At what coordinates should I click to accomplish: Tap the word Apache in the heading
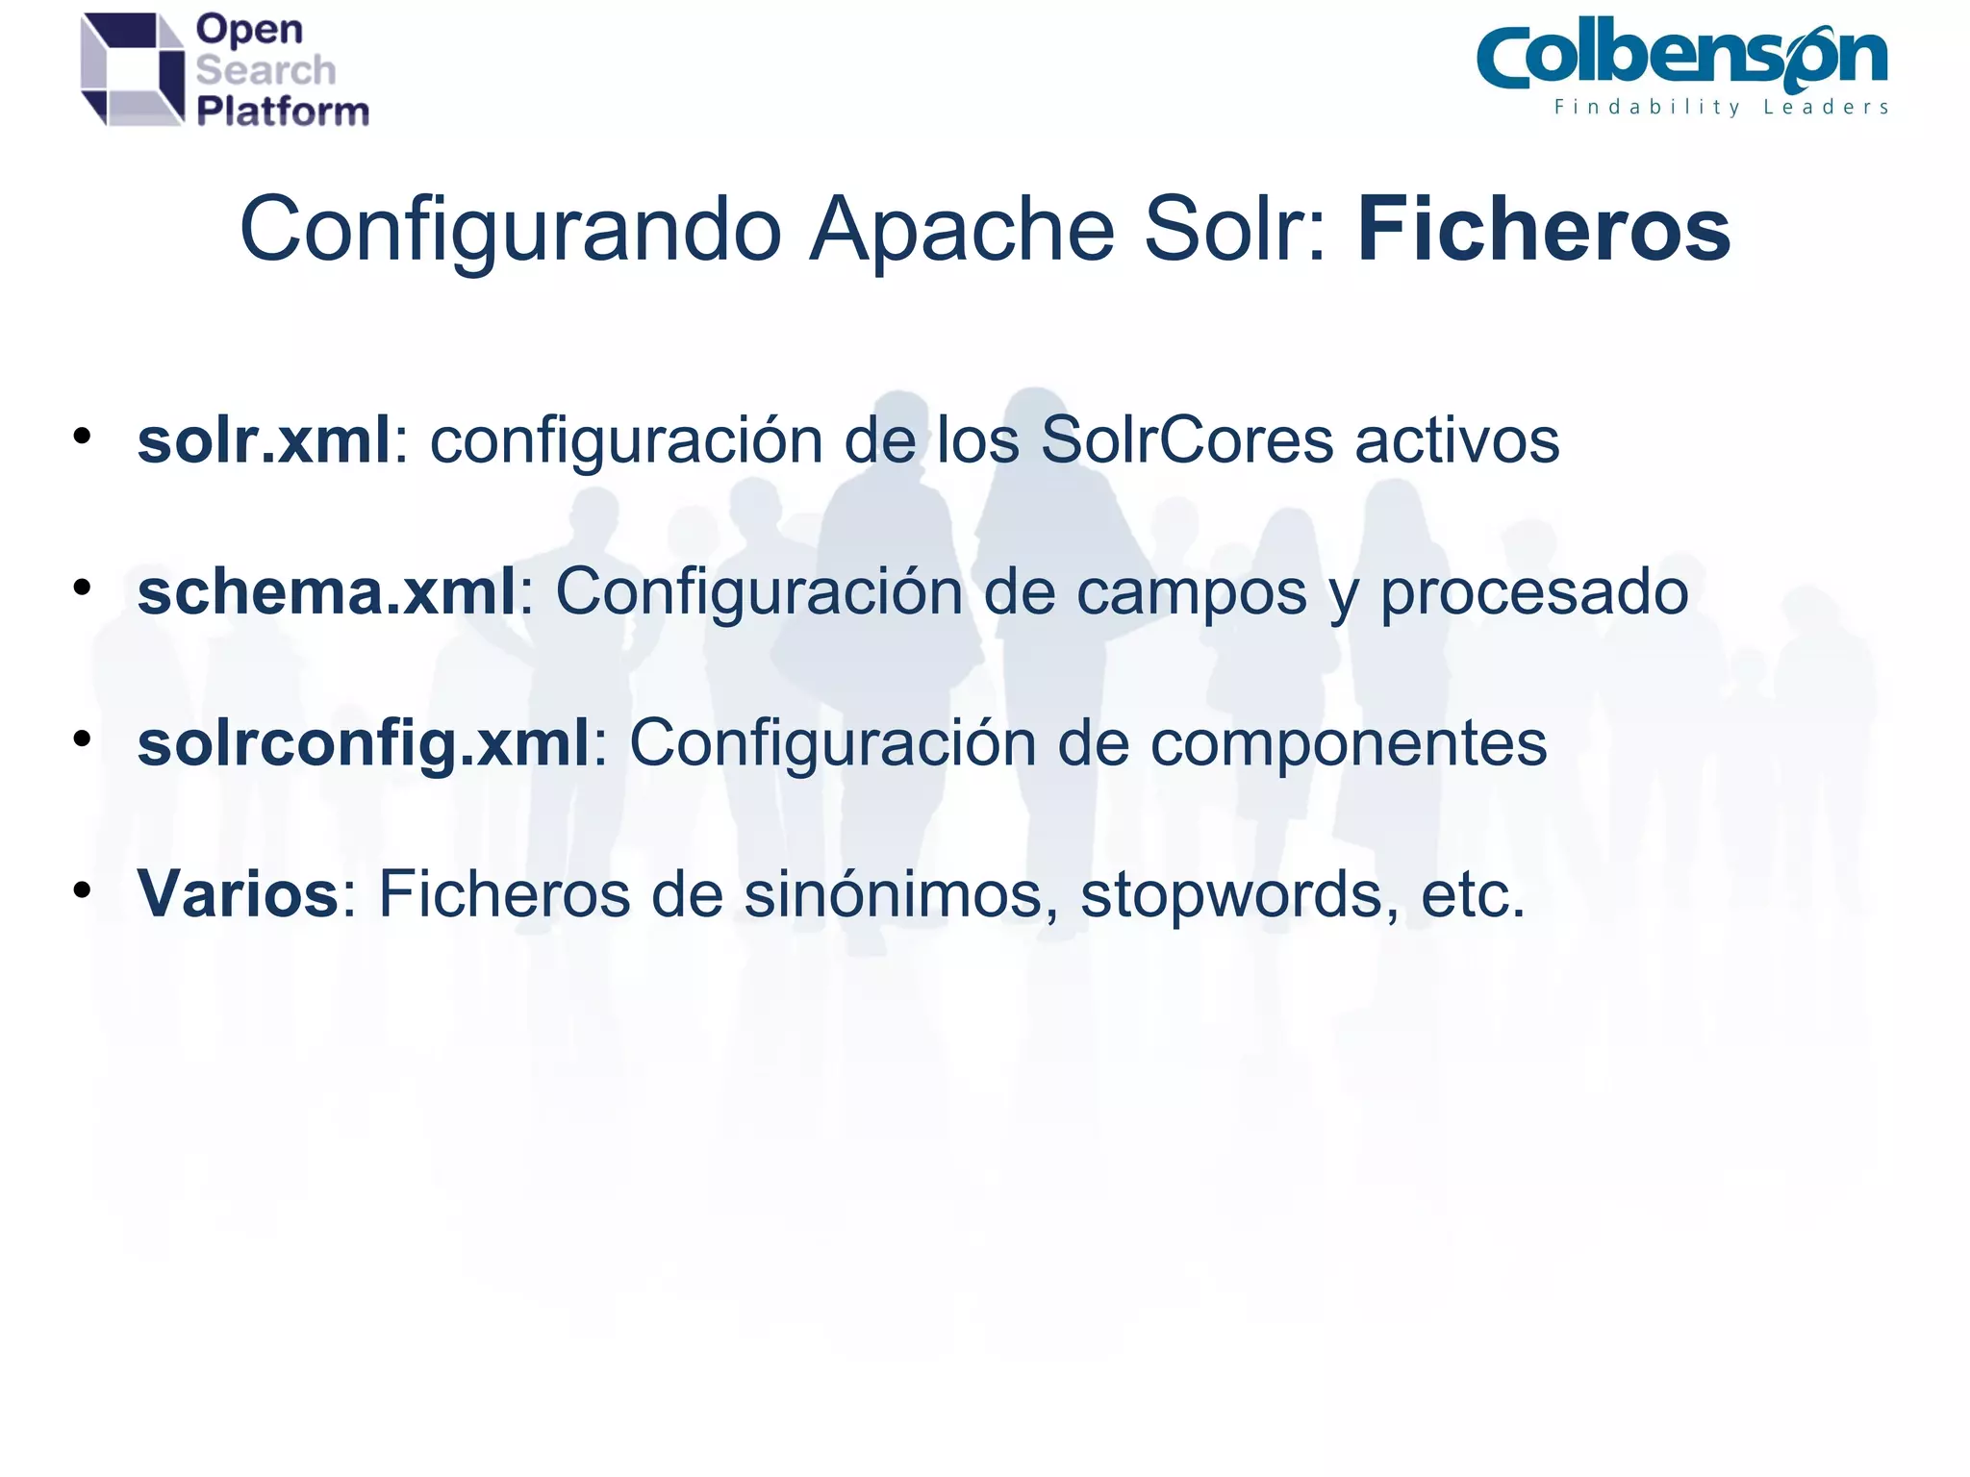point(962,231)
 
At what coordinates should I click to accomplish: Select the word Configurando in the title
point(510,231)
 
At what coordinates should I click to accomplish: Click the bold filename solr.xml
point(264,440)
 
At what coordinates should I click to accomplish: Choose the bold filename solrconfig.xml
point(363,743)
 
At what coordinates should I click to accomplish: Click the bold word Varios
point(238,894)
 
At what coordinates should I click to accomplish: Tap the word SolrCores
point(1186,440)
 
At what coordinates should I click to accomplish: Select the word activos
point(1456,440)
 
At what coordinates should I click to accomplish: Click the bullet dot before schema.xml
point(83,587)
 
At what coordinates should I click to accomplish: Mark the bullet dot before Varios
point(83,890)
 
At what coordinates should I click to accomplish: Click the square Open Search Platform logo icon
point(133,69)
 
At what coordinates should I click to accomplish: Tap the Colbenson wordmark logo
point(1681,58)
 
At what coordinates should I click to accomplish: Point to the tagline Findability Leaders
point(1721,107)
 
